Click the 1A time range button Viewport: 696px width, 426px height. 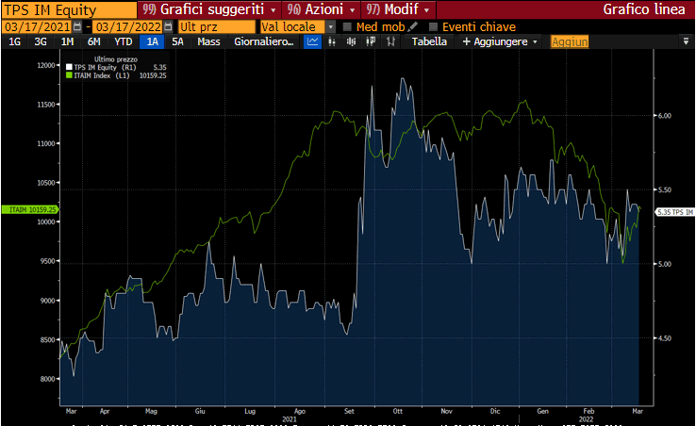click(x=151, y=41)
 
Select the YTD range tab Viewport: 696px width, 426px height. click(x=123, y=41)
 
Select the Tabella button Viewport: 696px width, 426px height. click(x=429, y=41)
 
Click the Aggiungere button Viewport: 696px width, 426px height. click(x=500, y=41)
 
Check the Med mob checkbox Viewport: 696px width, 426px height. click(x=348, y=26)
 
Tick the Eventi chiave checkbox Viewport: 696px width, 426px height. click(x=434, y=26)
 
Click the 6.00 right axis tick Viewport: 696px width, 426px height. click(x=665, y=116)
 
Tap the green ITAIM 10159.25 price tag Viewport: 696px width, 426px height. click(x=29, y=209)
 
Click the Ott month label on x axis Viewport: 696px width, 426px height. click(x=397, y=412)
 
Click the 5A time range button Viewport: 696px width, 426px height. click(x=177, y=41)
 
